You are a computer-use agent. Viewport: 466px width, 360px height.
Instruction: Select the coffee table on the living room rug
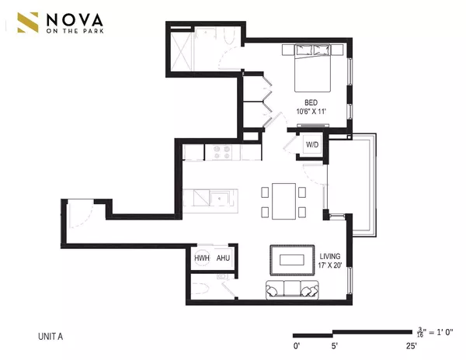[292, 258]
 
